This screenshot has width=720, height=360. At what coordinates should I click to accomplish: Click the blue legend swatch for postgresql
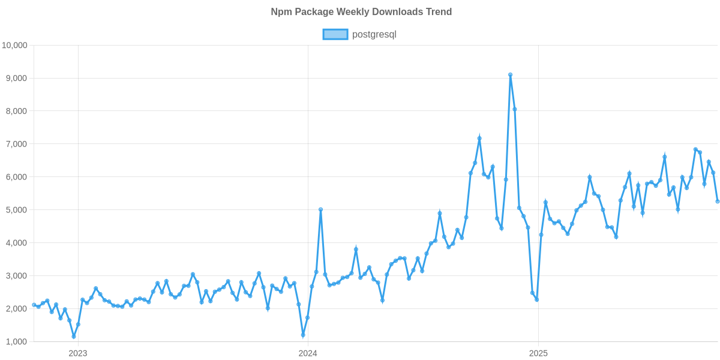pyautogui.click(x=335, y=34)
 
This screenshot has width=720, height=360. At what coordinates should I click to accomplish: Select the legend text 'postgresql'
pyautogui.click(x=374, y=34)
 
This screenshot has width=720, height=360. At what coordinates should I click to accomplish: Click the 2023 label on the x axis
pyautogui.click(x=78, y=353)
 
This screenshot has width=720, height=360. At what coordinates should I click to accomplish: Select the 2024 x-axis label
pyautogui.click(x=308, y=353)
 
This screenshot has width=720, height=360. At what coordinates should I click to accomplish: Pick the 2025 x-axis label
pyautogui.click(x=538, y=353)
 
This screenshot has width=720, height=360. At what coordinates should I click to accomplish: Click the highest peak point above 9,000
pyautogui.click(x=510, y=74)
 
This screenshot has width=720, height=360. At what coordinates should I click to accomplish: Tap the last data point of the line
pyautogui.click(x=718, y=202)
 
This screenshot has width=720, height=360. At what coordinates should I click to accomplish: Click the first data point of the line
pyautogui.click(x=34, y=305)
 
